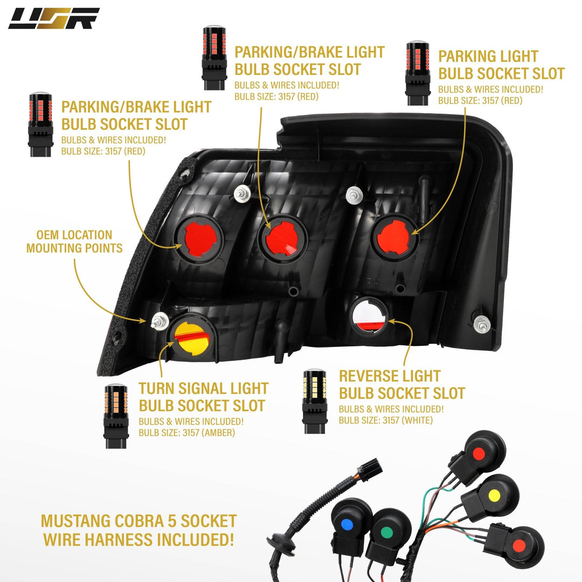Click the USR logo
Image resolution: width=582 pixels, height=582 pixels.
[x=54, y=18]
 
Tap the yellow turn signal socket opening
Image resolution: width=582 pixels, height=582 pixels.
[x=191, y=337]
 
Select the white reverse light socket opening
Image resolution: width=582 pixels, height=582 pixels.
[x=369, y=315]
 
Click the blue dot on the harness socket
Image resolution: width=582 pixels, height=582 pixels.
[x=347, y=525]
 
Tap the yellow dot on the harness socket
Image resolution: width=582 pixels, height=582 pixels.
[x=494, y=495]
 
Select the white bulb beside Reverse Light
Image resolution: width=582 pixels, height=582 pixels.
[x=315, y=401]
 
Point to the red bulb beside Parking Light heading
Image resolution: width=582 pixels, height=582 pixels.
[x=418, y=73]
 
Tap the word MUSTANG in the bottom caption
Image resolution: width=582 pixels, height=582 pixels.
[x=75, y=521]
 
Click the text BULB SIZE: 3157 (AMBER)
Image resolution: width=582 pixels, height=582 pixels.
[x=186, y=433]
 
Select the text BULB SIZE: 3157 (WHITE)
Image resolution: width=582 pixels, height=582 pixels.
[x=386, y=420]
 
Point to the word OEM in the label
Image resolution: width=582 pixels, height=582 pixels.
[x=47, y=235]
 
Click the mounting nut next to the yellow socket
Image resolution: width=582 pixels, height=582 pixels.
[x=160, y=321]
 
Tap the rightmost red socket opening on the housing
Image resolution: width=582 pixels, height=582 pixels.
[x=394, y=237]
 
